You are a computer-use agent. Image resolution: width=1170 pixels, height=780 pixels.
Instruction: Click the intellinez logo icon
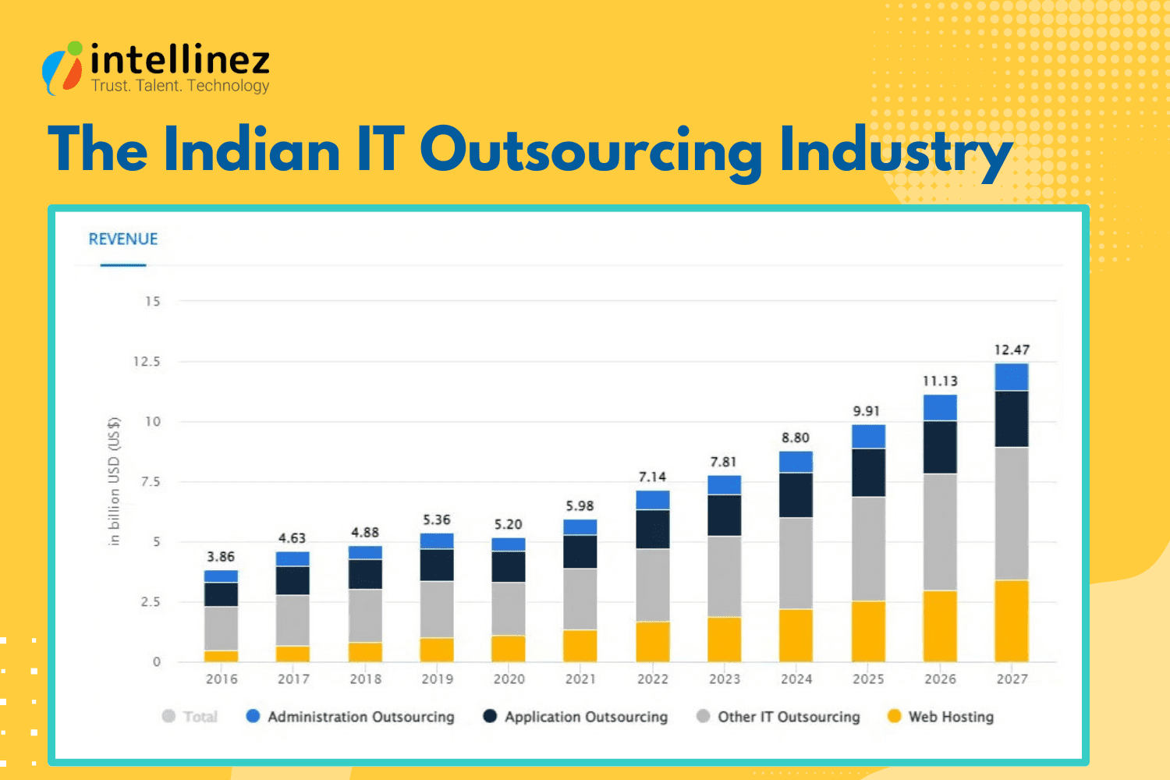62,69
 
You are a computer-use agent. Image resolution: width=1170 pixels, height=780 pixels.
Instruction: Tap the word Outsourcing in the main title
590,150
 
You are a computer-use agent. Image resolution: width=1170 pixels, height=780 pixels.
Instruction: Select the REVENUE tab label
123,239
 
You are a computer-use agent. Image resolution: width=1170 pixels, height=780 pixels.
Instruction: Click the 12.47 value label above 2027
1012,350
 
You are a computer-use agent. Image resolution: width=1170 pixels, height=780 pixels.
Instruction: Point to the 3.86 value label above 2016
221,557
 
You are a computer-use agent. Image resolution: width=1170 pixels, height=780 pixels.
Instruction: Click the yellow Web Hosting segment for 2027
1012,621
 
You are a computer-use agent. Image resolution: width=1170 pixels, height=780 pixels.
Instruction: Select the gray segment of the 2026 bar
940,532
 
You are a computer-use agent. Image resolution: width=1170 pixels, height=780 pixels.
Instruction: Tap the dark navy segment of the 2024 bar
796,495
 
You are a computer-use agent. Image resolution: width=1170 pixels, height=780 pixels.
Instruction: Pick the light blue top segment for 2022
652,500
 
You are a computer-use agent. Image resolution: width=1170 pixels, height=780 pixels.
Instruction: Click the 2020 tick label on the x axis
509,679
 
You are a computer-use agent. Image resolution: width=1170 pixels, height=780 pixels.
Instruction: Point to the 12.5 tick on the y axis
147,362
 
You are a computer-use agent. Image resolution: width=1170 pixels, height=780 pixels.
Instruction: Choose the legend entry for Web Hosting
941,717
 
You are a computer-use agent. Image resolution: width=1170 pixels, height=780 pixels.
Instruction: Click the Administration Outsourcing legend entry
350,717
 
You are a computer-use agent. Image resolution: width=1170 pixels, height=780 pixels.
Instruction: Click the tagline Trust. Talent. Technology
180,86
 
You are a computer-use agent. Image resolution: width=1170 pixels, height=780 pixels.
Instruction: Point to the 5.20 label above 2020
508,525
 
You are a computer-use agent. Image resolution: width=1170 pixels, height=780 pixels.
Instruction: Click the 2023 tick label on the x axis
724,679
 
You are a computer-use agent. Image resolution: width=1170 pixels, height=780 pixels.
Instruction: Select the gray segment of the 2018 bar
365,615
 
